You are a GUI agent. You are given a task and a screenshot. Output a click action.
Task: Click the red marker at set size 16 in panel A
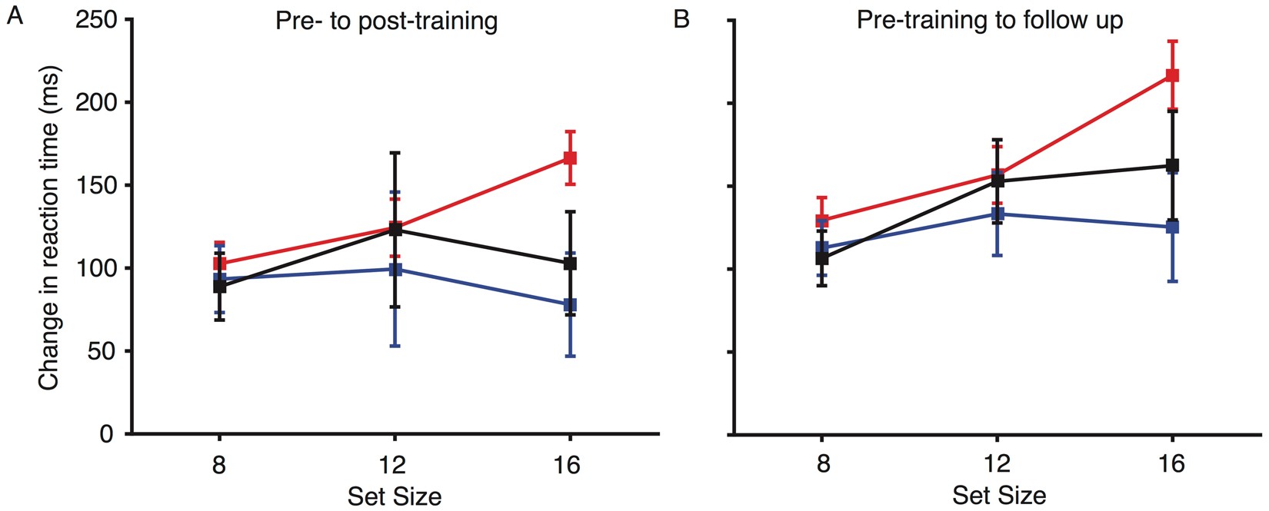coord(570,158)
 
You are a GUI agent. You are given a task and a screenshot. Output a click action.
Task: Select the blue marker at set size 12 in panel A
coord(395,270)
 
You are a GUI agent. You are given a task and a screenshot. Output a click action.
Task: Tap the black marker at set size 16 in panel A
coord(570,264)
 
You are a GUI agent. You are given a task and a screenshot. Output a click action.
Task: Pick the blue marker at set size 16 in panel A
coord(570,305)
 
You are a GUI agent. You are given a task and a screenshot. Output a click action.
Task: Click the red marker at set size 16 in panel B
coord(1173,75)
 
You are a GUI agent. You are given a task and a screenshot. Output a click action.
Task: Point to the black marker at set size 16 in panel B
coord(1173,165)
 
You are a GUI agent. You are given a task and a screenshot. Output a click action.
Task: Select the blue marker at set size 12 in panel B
coord(998,214)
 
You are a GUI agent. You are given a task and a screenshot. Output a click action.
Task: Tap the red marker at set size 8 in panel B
coord(822,221)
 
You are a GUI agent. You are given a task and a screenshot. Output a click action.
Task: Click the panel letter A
coord(15,17)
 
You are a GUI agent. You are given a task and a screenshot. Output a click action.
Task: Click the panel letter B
coord(681,18)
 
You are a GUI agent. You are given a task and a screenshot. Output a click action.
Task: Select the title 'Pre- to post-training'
coord(386,21)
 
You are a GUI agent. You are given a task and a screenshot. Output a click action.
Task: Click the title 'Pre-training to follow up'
coord(990,20)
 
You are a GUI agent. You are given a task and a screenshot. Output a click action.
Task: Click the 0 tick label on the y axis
coord(107,435)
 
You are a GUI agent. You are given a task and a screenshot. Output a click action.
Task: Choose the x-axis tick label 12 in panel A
coord(395,465)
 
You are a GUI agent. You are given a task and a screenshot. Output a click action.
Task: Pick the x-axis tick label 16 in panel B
coord(1172,465)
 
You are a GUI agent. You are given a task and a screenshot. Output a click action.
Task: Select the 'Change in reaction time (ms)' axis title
coord(49,227)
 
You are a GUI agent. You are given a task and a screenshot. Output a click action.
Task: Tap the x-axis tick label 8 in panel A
coord(219,465)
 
